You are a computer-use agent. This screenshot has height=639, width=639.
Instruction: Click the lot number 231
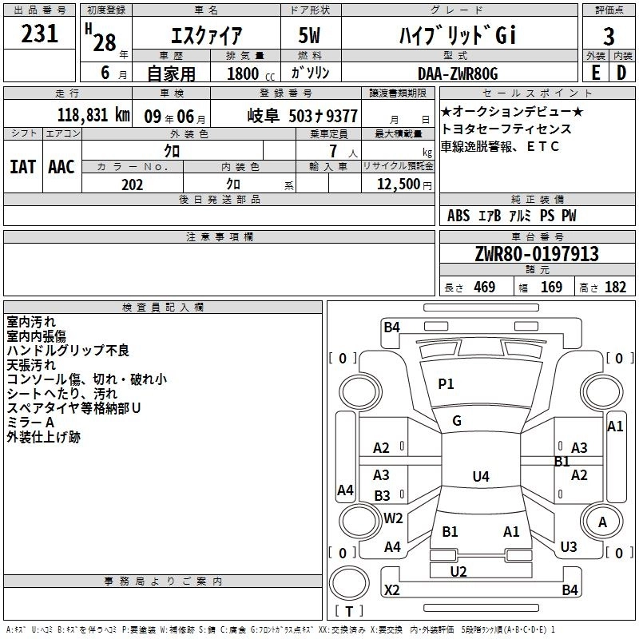click(x=40, y=34)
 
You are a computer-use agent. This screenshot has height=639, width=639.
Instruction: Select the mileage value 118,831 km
click(x=94, y=115)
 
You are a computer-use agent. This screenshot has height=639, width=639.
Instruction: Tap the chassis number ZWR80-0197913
click(x=537, y=255)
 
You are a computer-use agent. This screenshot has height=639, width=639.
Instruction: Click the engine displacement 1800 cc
click(x=245, y=74)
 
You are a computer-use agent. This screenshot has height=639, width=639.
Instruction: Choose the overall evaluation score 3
click(x=609, y=37)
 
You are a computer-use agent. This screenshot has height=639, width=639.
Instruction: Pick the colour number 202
click(x=133, y=185)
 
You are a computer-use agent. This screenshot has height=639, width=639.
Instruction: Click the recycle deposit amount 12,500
click(x=397, y=185)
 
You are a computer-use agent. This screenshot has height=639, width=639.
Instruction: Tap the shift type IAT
click(x=22, y=166)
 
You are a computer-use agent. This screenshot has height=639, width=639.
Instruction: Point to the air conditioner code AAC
click(x=62, y=166)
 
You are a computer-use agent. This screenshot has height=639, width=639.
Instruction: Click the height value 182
click(x=615, y=288)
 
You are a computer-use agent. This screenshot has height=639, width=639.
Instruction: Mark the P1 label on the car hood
click(x=446, y=384)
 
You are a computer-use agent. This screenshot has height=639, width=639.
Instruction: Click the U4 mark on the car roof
click(x=480, y=477)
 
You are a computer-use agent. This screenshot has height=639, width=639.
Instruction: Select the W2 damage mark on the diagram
click(x=393, y=518)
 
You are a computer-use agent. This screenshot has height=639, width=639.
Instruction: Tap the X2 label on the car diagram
click(x=392, y=590)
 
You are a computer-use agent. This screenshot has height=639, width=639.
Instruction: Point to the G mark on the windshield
click(x=457, y=421)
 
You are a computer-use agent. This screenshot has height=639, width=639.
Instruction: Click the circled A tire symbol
click(x=602, y=522)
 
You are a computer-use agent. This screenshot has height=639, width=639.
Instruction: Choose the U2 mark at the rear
click(x=458, y=571)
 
